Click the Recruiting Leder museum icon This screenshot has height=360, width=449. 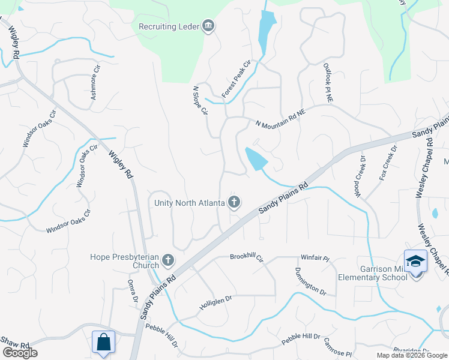[209, 26]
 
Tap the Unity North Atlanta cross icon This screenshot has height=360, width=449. [234, 203]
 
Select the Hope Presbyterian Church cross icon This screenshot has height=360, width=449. [168, 261]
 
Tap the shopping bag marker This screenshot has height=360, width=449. [103, 342]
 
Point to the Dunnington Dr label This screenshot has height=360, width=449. [310, 282]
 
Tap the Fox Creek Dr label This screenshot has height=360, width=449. [388, 161]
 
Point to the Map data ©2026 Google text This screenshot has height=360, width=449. [412, 355]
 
